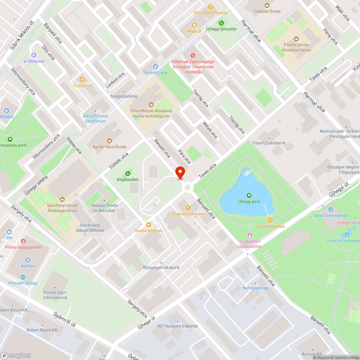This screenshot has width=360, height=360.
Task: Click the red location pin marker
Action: [180, 172]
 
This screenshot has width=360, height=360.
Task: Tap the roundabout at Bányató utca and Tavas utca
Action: [187, 187]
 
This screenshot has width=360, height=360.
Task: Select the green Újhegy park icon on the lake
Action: [249, 195]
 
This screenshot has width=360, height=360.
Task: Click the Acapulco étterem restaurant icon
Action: [188, 208]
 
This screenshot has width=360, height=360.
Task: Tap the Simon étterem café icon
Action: [148, 224]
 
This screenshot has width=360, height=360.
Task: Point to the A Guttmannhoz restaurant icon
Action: [270, 220]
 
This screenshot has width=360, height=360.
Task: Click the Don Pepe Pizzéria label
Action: [211, 13]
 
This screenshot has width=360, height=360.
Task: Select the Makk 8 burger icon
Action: [195, 25]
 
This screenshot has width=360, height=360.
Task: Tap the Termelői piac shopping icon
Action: [156, 66]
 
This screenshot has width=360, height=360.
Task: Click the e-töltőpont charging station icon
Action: [34, 55]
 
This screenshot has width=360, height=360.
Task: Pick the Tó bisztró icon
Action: [82, 79]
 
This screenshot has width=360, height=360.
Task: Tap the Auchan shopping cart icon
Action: [28, 260]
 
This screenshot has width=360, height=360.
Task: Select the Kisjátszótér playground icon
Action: [127, 173]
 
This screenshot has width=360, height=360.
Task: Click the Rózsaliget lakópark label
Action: [161, 267]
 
